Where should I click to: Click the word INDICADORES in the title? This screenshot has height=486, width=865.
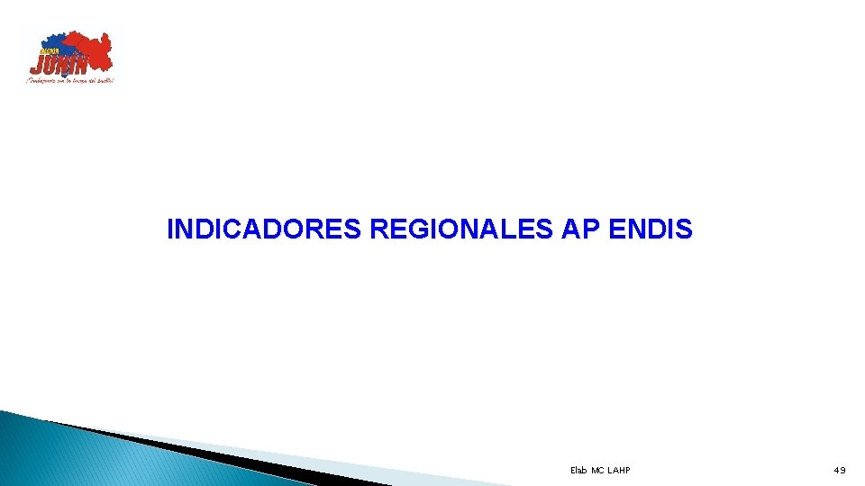265,230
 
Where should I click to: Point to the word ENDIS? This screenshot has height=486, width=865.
651,230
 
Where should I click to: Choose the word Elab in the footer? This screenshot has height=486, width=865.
578,470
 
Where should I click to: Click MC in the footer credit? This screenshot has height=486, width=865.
597,470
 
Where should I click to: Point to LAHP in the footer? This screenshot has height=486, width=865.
619,470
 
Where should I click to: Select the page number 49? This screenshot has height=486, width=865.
840,470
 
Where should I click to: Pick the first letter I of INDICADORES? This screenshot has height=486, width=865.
170,230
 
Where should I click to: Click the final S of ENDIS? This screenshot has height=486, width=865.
685,230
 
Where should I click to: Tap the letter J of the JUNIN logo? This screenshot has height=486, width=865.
36,65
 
